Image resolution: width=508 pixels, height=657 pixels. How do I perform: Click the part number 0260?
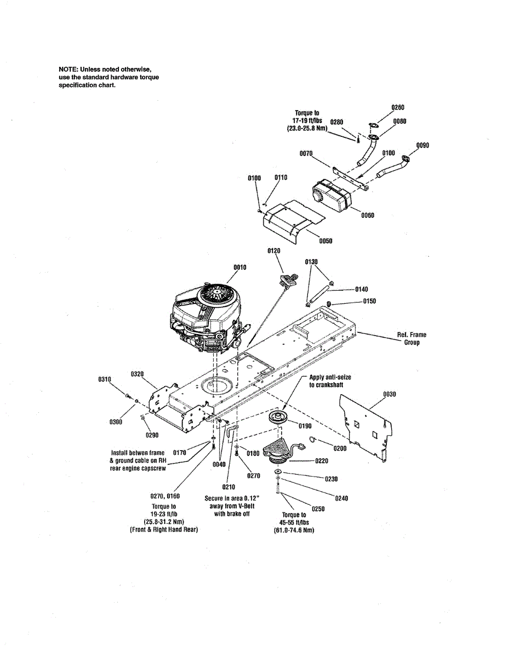[398, 107]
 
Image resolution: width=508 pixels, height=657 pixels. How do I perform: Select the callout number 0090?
[423, 145]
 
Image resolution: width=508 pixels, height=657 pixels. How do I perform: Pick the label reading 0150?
[369, 301]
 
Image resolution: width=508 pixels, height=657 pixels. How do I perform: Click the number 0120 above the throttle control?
[274, 250]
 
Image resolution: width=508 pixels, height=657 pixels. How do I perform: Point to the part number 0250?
[318, 509]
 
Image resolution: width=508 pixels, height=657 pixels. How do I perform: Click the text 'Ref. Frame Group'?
[412, 338]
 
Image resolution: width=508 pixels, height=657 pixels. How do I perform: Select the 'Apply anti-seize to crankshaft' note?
[330, 381]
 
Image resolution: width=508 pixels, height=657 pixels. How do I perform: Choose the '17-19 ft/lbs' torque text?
[307, 120]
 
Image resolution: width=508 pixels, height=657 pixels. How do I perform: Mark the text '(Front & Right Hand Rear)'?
[163, 530]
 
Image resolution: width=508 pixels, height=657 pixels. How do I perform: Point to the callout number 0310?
[104, 379]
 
